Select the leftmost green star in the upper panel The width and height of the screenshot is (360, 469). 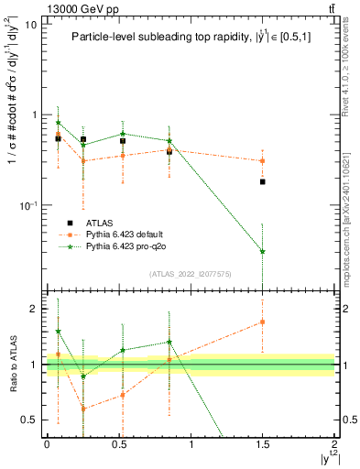(x=59, y=123)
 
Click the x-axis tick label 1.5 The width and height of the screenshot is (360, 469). (x=263, y=444)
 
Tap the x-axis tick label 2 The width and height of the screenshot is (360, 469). (x=335, y=444)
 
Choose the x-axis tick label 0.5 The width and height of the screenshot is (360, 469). (x=118, y=444)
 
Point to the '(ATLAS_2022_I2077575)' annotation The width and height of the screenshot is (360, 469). (x=191, y=274)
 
